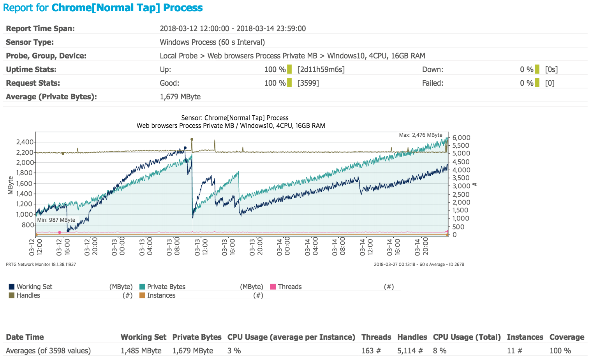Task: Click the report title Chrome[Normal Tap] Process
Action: pyautogui.click(x=127, y=8)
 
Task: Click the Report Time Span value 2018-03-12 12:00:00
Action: pyautogui.click(x=194, y=28)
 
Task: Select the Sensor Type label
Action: pyautogui.click(x=30, y=42)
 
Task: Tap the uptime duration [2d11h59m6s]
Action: pyautogui.click(x=321, y=69)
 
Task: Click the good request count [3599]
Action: pyautogui.click(x=308, y=83)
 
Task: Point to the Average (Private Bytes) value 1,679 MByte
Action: pyautogui.click(x=180, y=97)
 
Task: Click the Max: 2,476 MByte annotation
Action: pyautogui.click(x=421, y=135)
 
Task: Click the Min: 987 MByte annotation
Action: pyautogui.click(x=56, y=220)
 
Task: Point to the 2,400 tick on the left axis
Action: pyautogui.click(x=25, y=142)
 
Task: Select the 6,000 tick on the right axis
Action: pyautogui.click(x=461, y=138)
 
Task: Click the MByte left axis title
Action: pyautogui.click(x=11, y=185)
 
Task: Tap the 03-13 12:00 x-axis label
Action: pyautogui.click(x=201, y=247)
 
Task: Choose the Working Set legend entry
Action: pyautogui.click(x=34, y=287)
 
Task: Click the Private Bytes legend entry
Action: pyautogui.click(x=166, y=287)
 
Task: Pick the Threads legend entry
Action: pyautogui.click(x=289, y=287)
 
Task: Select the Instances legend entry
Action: pyautogui.click(x=161, y=295)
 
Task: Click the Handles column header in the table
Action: pyautogui.click(x=412, y=337)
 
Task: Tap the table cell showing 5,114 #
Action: pyautogui.click(x=410, y=351)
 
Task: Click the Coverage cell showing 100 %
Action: pyautogui.click(x=560, y=351)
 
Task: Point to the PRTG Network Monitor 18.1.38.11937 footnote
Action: pyautogui.click(x=41, y=264)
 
